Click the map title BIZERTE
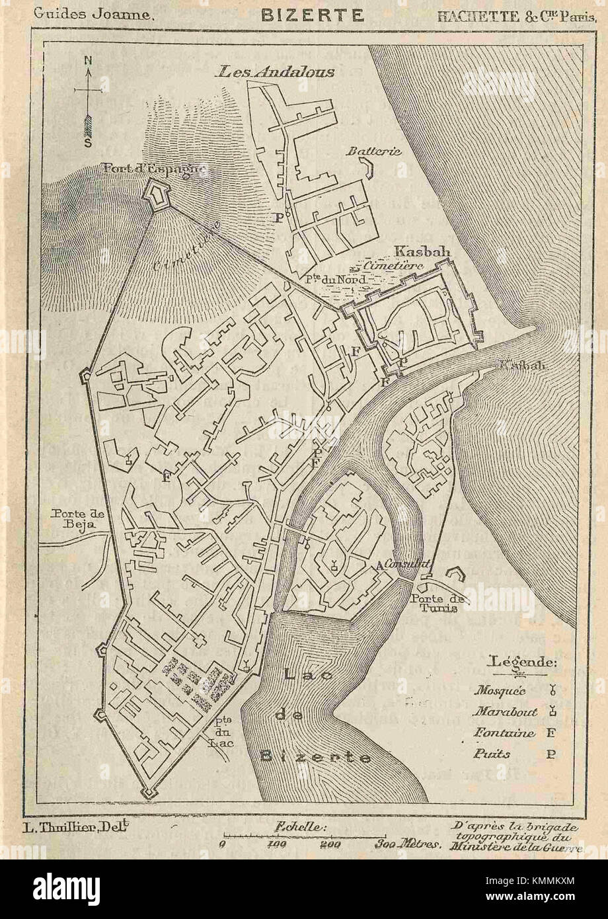pos(313,15)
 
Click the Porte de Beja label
pos(74,518)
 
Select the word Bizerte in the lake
pos(315,757)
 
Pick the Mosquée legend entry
pos(500,691)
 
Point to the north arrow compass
pos(88,99)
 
